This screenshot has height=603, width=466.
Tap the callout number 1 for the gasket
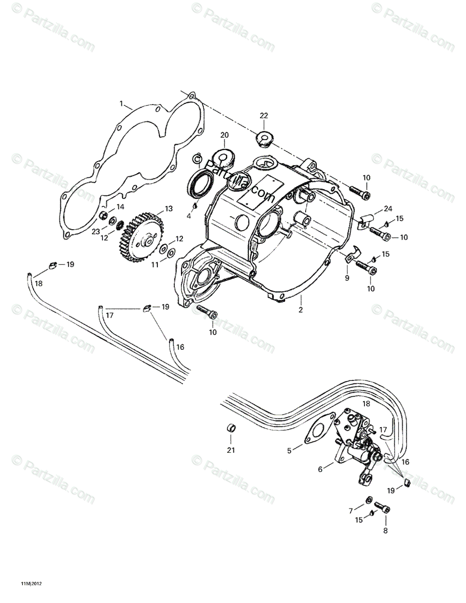[121, 104]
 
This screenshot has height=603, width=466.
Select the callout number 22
[264, 116]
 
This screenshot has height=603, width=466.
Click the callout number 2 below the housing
[301, 310]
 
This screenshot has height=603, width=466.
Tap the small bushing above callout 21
[231, 430]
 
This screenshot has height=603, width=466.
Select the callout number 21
[231, 450]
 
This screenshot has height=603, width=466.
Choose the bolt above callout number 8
[383, 509]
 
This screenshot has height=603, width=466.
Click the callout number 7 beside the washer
[351, 511]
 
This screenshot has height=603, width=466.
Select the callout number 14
[121, 207]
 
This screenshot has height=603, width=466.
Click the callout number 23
[95, 231]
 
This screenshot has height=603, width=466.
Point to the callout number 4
[189, 216]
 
